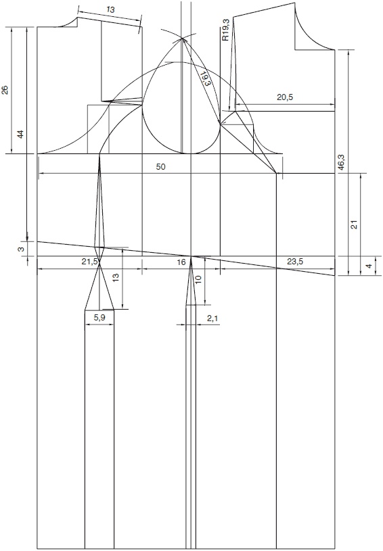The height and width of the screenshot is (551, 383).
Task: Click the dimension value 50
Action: coord(160,166)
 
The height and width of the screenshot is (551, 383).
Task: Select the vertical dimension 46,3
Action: coord(341,164)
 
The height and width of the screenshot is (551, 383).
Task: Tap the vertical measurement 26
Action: coord(5,91)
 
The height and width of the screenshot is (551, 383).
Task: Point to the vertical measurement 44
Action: coord(20,134)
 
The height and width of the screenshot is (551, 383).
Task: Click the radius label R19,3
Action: coord(225,30)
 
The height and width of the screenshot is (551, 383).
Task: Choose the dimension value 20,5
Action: coord(284,97)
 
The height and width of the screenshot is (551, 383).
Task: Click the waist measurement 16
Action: coord(181,262)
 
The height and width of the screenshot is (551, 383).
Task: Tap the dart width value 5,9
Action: coord(99,317)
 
